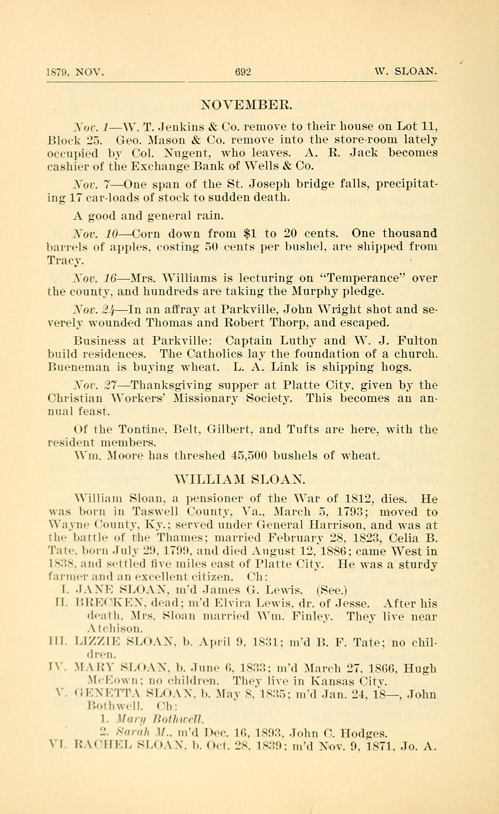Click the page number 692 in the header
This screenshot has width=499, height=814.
(x=243, y=72)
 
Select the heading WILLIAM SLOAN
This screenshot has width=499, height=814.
(x=240, y=479)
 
